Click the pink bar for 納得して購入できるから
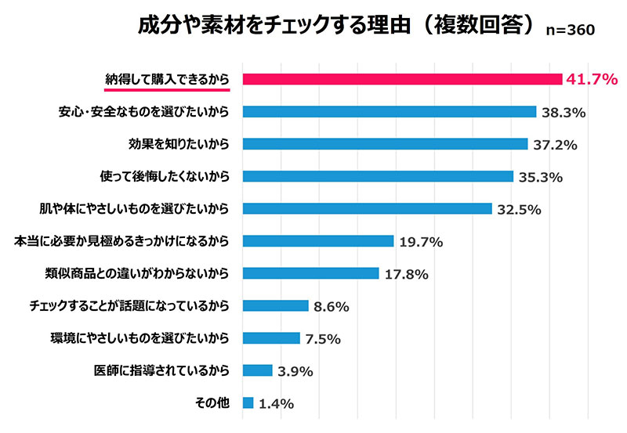[402, 78]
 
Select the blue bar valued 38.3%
[389, 111]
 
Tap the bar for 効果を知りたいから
[385, 144]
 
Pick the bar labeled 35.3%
[378, 176]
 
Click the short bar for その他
[248, 403]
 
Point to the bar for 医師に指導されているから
[257, 370]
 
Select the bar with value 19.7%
[317, 241]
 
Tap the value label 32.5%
[519, 209]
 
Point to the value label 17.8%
[406, 274]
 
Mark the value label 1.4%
[276, 404]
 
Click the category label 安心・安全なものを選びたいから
[143, 111]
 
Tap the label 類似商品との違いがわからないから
[137, 273]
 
